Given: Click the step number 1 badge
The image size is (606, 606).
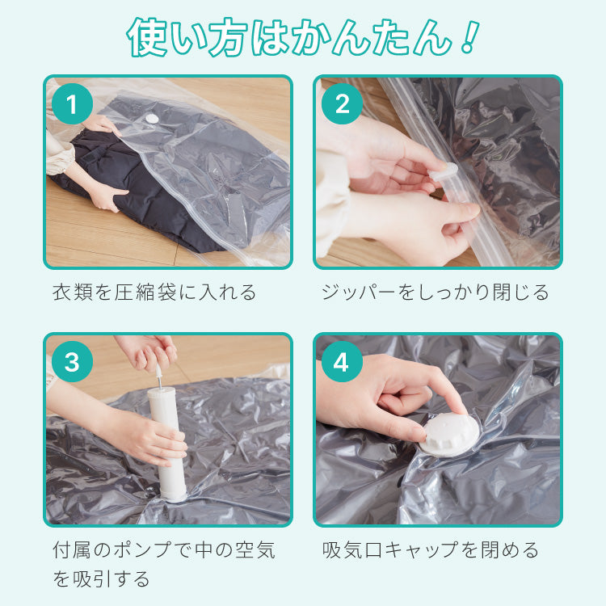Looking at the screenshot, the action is pos(72,103).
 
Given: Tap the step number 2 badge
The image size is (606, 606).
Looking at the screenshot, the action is pos(342,103).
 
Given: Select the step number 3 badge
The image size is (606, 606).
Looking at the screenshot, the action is pos(72,362).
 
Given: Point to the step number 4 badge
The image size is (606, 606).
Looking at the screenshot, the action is pos(342,362).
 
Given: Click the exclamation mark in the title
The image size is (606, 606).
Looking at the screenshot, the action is pos(468,36).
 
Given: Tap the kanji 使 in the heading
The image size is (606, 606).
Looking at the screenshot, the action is pos(147,36).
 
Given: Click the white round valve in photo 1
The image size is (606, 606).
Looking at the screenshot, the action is pos(151,119).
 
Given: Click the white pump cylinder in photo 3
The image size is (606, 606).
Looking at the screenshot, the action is pos(167,444).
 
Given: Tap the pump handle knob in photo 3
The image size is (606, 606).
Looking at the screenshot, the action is pos(158,372).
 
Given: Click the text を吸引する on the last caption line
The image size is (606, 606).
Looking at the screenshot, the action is pos(101,579).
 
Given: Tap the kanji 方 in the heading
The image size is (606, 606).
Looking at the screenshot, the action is pos(227,36).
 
